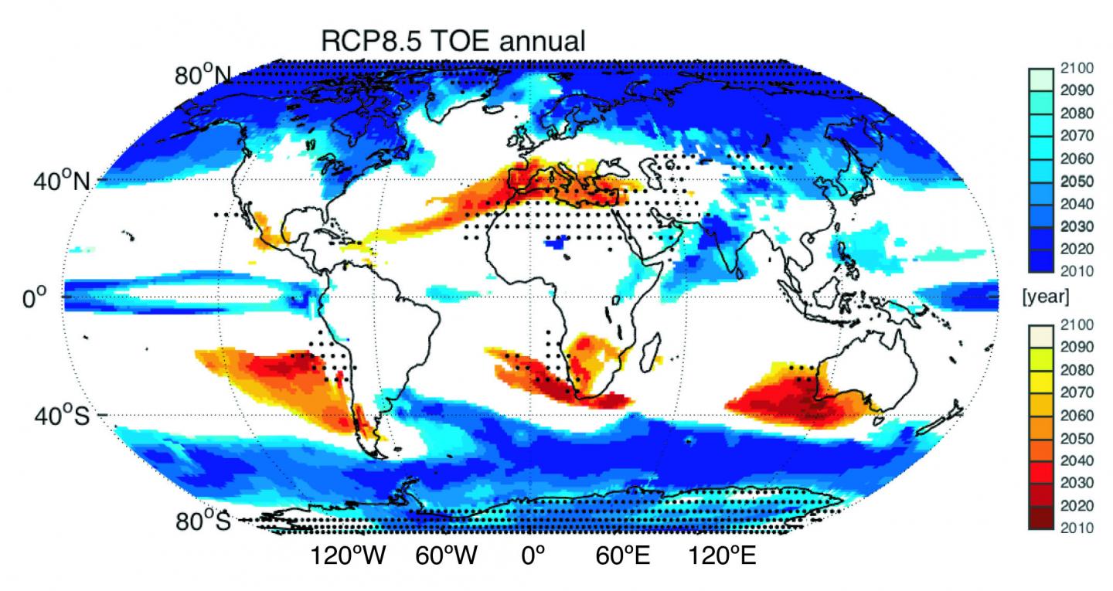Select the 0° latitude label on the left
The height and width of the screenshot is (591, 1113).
(x=36, y=297)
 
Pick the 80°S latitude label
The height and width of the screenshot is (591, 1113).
(x=202, y=521)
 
